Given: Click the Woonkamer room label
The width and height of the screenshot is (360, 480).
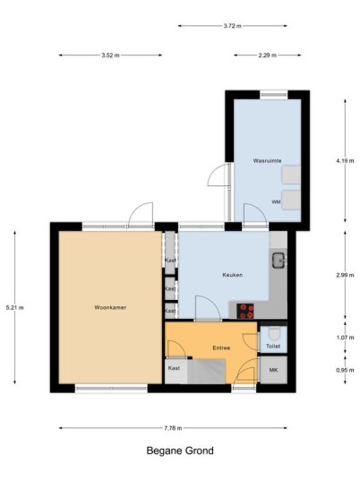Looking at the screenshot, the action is click(110, 307).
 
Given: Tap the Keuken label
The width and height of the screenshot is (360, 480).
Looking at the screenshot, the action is click(233, 275).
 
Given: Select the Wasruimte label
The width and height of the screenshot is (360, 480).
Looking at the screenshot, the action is click(267, 160).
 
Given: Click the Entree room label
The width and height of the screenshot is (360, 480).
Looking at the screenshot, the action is click(221, 347).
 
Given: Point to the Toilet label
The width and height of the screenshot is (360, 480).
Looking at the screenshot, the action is click(273, 346).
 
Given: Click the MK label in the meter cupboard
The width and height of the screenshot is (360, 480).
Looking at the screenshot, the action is click(273, 370).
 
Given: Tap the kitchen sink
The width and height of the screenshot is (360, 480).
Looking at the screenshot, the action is click(279, 261).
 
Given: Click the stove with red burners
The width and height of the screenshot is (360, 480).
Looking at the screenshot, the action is click(245, 311).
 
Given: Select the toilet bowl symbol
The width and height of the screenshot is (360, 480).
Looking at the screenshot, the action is click(274, 333).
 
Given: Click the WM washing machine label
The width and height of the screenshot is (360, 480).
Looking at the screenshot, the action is click(276, 202).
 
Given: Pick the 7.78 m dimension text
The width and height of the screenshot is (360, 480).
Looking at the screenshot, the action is click(173, 428).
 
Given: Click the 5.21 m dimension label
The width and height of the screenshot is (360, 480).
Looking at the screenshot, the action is click(14, 308).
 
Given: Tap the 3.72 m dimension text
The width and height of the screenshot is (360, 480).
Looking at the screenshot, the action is click(232, 26).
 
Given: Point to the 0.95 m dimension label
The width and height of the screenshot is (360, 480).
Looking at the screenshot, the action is click(345, 370).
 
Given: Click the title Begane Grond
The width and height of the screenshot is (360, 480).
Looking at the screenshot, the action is click(180, 450).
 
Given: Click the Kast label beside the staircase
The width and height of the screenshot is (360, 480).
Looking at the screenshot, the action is click(174, 368).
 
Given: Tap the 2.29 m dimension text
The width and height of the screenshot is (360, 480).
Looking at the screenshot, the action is click(267, 56).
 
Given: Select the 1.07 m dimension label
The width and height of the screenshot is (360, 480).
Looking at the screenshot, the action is click(345, 338).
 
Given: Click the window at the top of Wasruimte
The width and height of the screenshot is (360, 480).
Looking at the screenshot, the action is click(274, 95).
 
